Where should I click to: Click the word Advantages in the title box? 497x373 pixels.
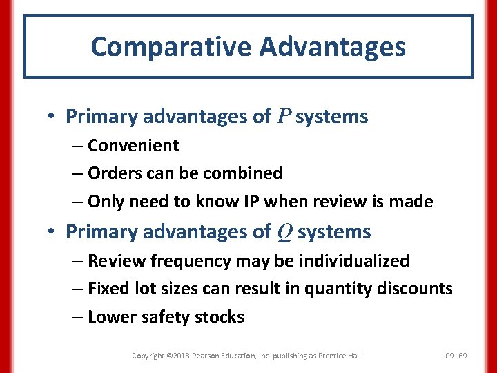click(x=333, y=47)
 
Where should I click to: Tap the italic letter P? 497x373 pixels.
click(x=284, y=117)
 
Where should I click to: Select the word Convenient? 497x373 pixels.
click(x=133, y=146)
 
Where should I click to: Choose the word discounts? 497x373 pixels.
click(x=414, y=289)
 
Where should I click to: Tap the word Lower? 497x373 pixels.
click(x=111, y=317)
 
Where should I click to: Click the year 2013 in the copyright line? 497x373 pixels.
click(x=177, y=356)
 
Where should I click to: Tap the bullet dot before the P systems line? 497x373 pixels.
click(x=53, y=117)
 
